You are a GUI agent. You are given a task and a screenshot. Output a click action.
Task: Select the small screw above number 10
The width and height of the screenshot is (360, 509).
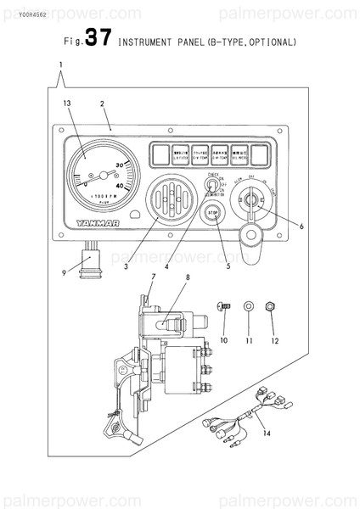224,305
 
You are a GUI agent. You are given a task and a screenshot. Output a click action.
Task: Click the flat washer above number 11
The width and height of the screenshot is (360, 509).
248,305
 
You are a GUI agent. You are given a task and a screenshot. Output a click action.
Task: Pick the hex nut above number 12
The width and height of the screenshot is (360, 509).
270,305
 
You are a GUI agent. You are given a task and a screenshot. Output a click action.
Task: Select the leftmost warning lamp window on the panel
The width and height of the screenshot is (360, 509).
159,154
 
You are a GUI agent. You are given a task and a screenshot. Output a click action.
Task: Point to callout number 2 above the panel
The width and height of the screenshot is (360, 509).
102,103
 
